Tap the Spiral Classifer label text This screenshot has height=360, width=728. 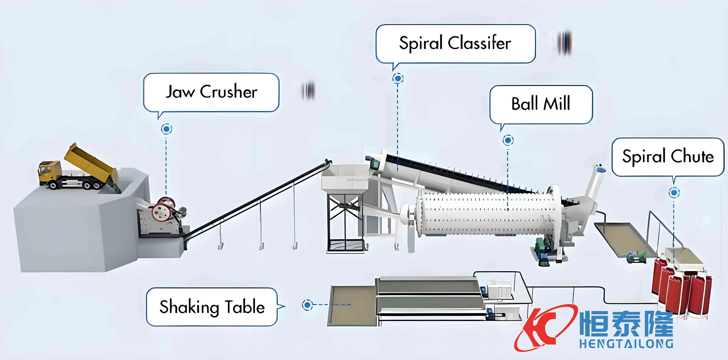pyautogui.click(x=455, y=43)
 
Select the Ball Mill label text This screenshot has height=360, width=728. pyautogui.click(x=541, y=104)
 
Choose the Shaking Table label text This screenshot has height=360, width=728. pyautogui.click(x=212, y=307)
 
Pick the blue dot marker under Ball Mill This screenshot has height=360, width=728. pyautogui.click(x=508, y=140)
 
